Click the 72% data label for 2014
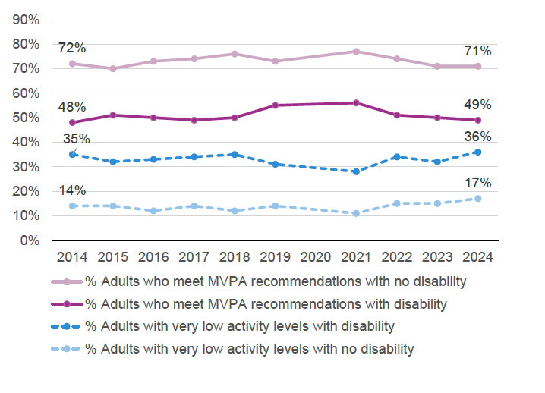pos(72,49)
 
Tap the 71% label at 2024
pos(477,51)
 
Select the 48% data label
pos(72,107)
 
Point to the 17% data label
pos(477,183)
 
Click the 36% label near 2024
pos(477,137)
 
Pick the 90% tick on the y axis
pos(26,20)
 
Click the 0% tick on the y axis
pos(30,241)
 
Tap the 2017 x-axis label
pos(194,257)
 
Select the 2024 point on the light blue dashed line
pos(477,199)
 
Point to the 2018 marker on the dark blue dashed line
pos(235,154)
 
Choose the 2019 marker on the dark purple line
pos(275,105)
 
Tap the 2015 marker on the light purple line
pos(113,68)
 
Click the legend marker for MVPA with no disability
pos(67,281)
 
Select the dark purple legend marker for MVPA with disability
pos(67,304)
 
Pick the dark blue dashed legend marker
pos(67,327)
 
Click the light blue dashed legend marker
pos(67,350)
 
